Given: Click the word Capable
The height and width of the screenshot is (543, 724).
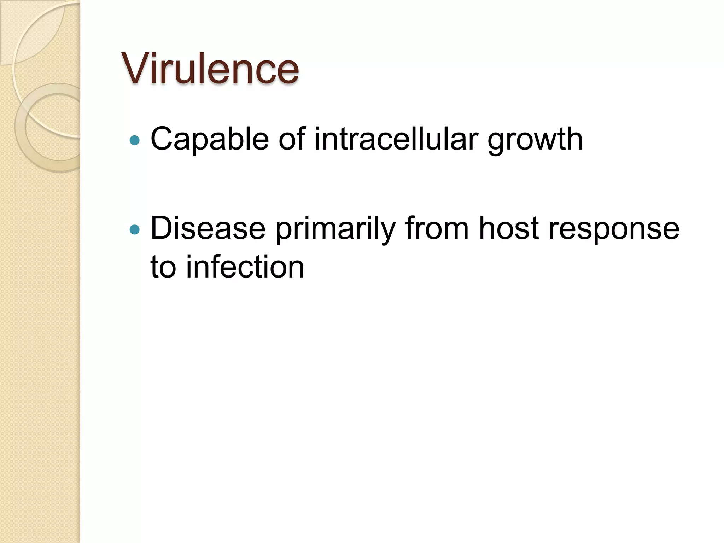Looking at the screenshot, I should click(210, 139).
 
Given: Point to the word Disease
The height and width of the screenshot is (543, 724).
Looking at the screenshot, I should click(208, 228).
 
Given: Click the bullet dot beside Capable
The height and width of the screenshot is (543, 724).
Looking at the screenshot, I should click(135, 141).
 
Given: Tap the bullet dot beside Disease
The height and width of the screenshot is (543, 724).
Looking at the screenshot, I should click(135, 230).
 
